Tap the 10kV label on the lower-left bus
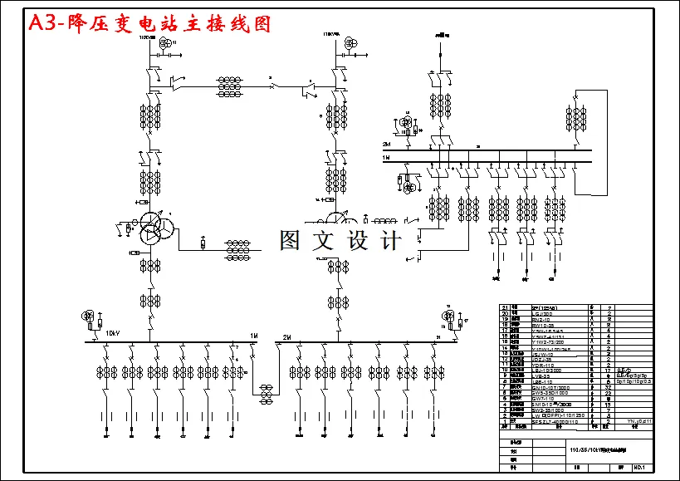click(112, 335)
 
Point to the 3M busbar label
click(386, 144)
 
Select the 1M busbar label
click(386, 155)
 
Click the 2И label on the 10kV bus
click(286, 336)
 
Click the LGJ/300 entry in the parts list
click(540, 314)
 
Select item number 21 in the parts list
click(504, 307)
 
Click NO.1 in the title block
click(639, 467)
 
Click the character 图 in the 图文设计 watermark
click(289, 241)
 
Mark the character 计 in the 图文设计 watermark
click(389, 241)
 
